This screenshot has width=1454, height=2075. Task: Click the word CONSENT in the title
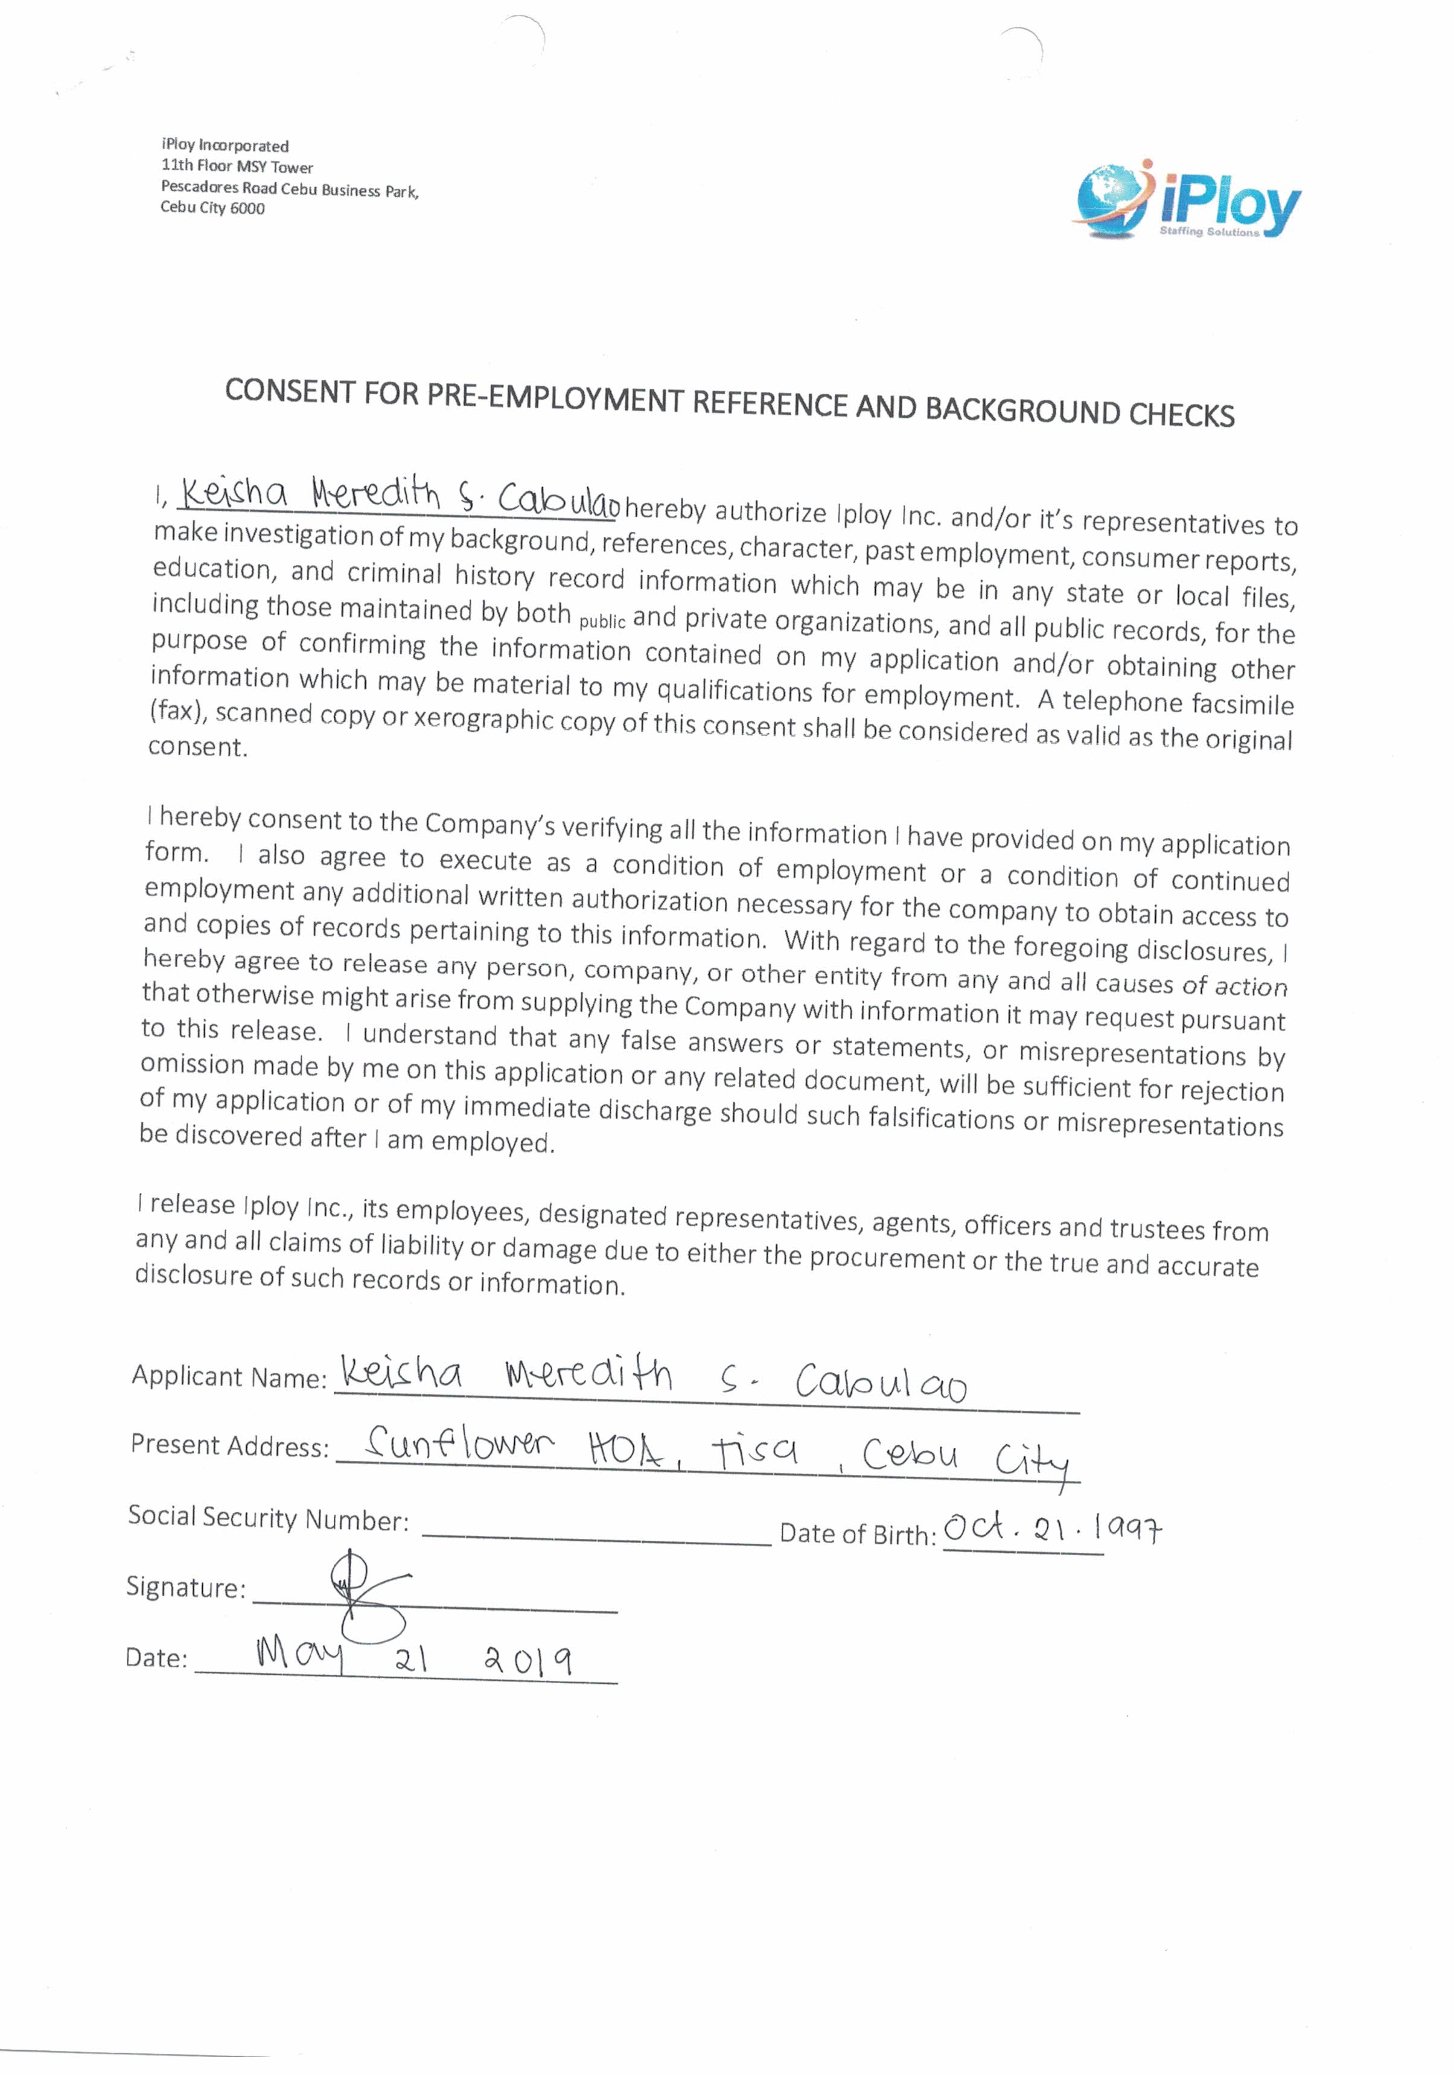(x=289, y=391)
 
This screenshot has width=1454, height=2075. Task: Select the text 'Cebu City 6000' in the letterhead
(x=212, y=208)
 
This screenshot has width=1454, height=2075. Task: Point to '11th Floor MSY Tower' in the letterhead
(x=237, y=166)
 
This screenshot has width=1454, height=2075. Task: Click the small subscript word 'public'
(x=602, y=622)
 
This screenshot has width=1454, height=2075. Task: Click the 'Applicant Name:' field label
(x=229, y=1376)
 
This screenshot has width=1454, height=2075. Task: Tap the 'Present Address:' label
(x=229, y=1445)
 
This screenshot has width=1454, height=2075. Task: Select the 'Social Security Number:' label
(x=267, y=1518)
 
